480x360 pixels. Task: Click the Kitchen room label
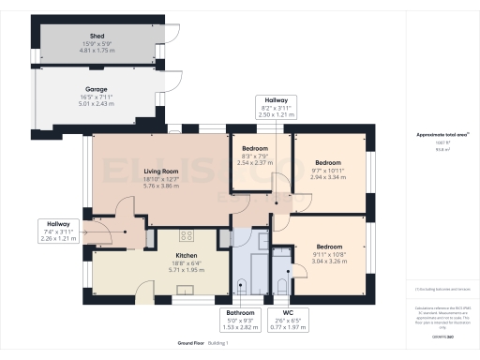pos(186,255)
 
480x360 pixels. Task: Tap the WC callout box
pos(281,318)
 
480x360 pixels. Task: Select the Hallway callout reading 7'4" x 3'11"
pos(58,230)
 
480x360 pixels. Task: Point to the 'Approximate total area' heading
pos(442,135)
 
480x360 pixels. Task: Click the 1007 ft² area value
pos(442,142)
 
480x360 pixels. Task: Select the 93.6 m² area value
pos(442,149)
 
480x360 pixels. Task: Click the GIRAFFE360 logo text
pos(442,335)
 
